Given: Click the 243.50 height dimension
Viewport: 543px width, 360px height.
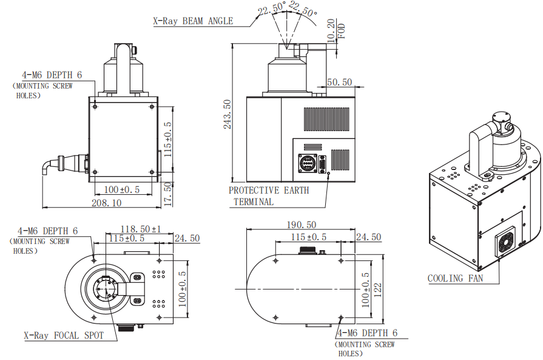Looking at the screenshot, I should pos(227,115).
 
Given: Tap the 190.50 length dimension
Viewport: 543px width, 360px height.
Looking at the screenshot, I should pos(303,225).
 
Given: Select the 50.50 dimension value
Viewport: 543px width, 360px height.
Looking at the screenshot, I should pos(339,82).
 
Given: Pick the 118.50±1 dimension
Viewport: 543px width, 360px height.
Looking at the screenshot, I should pos(141,229).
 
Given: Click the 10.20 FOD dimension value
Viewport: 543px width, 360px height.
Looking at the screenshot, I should pos(331,29).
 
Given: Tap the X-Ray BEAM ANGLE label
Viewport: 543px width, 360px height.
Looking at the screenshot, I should pos(192,21).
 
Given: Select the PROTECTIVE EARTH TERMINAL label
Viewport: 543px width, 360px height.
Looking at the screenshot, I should pos(268,195).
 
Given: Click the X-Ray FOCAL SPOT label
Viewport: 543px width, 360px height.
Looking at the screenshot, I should pos(63,335).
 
